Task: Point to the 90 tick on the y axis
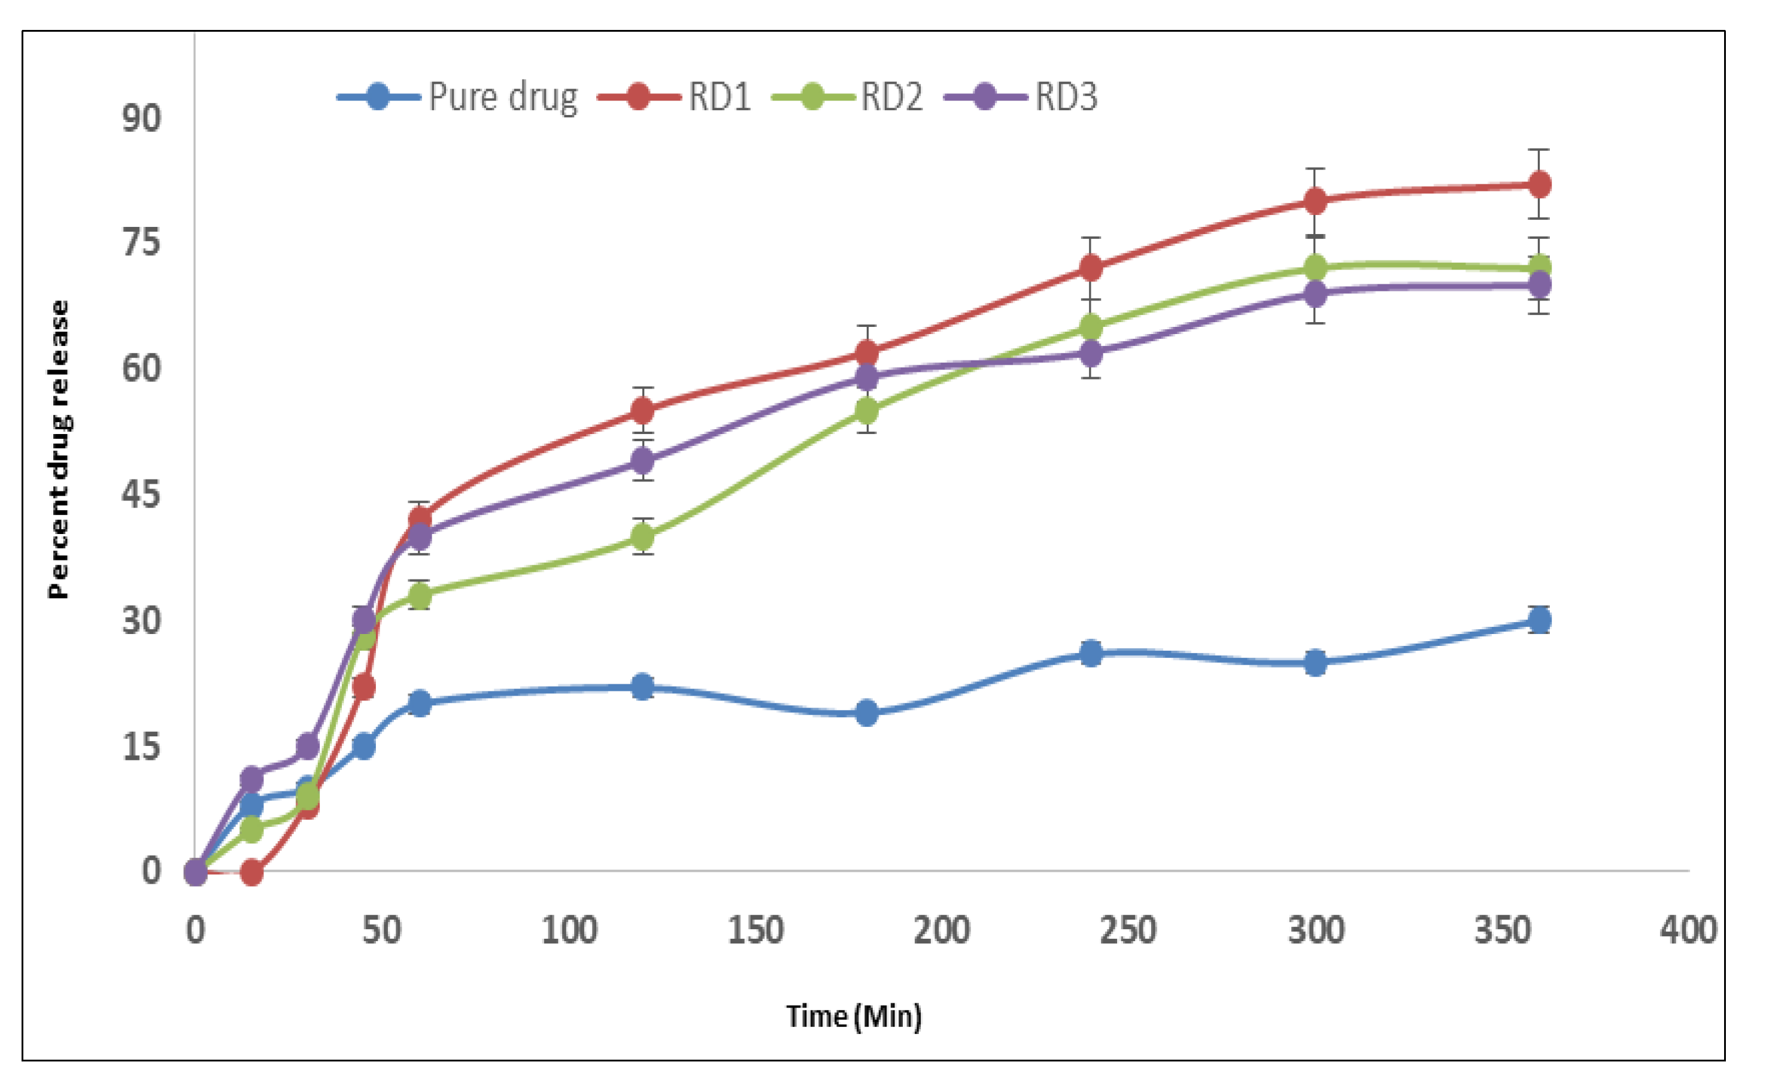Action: coord(141,117)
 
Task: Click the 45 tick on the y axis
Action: coord(141,494)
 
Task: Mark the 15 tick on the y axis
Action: coord(141,746)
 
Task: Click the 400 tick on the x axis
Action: coord(1688,930)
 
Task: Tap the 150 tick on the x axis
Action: coord(755,930)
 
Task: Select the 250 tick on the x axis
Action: coord(1128,930)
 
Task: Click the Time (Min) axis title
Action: coord(854,1016)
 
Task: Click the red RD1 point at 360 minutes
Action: coord(1539,184)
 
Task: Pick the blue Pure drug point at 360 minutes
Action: coord(1539,620)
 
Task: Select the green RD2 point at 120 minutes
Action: coord(642,536)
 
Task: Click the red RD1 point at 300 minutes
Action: coord(1315,201)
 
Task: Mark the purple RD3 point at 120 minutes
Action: coord(642,460)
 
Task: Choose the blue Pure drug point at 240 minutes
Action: coord(1091,653)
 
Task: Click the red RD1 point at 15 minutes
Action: coord(251,873)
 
